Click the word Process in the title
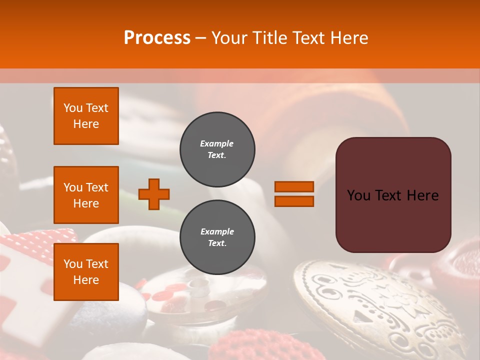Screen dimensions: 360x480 tap(157, 37)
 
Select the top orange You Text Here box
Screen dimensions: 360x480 tap(86, 116)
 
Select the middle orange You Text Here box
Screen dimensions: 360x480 tap(86, 195)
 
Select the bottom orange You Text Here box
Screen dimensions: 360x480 tap(86, 272)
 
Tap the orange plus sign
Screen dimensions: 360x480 tap(154, 194)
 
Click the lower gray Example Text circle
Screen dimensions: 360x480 tap(217, 237)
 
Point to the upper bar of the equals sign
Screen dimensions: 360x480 tap(294, 187)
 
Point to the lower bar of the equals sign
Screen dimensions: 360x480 tap(294, 201)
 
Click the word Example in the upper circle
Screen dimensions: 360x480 tap(216, 143)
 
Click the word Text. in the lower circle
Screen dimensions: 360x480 tap(217, 243)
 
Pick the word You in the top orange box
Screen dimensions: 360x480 tap(73, 108)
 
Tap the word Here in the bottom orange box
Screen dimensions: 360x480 tap(86, 280)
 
